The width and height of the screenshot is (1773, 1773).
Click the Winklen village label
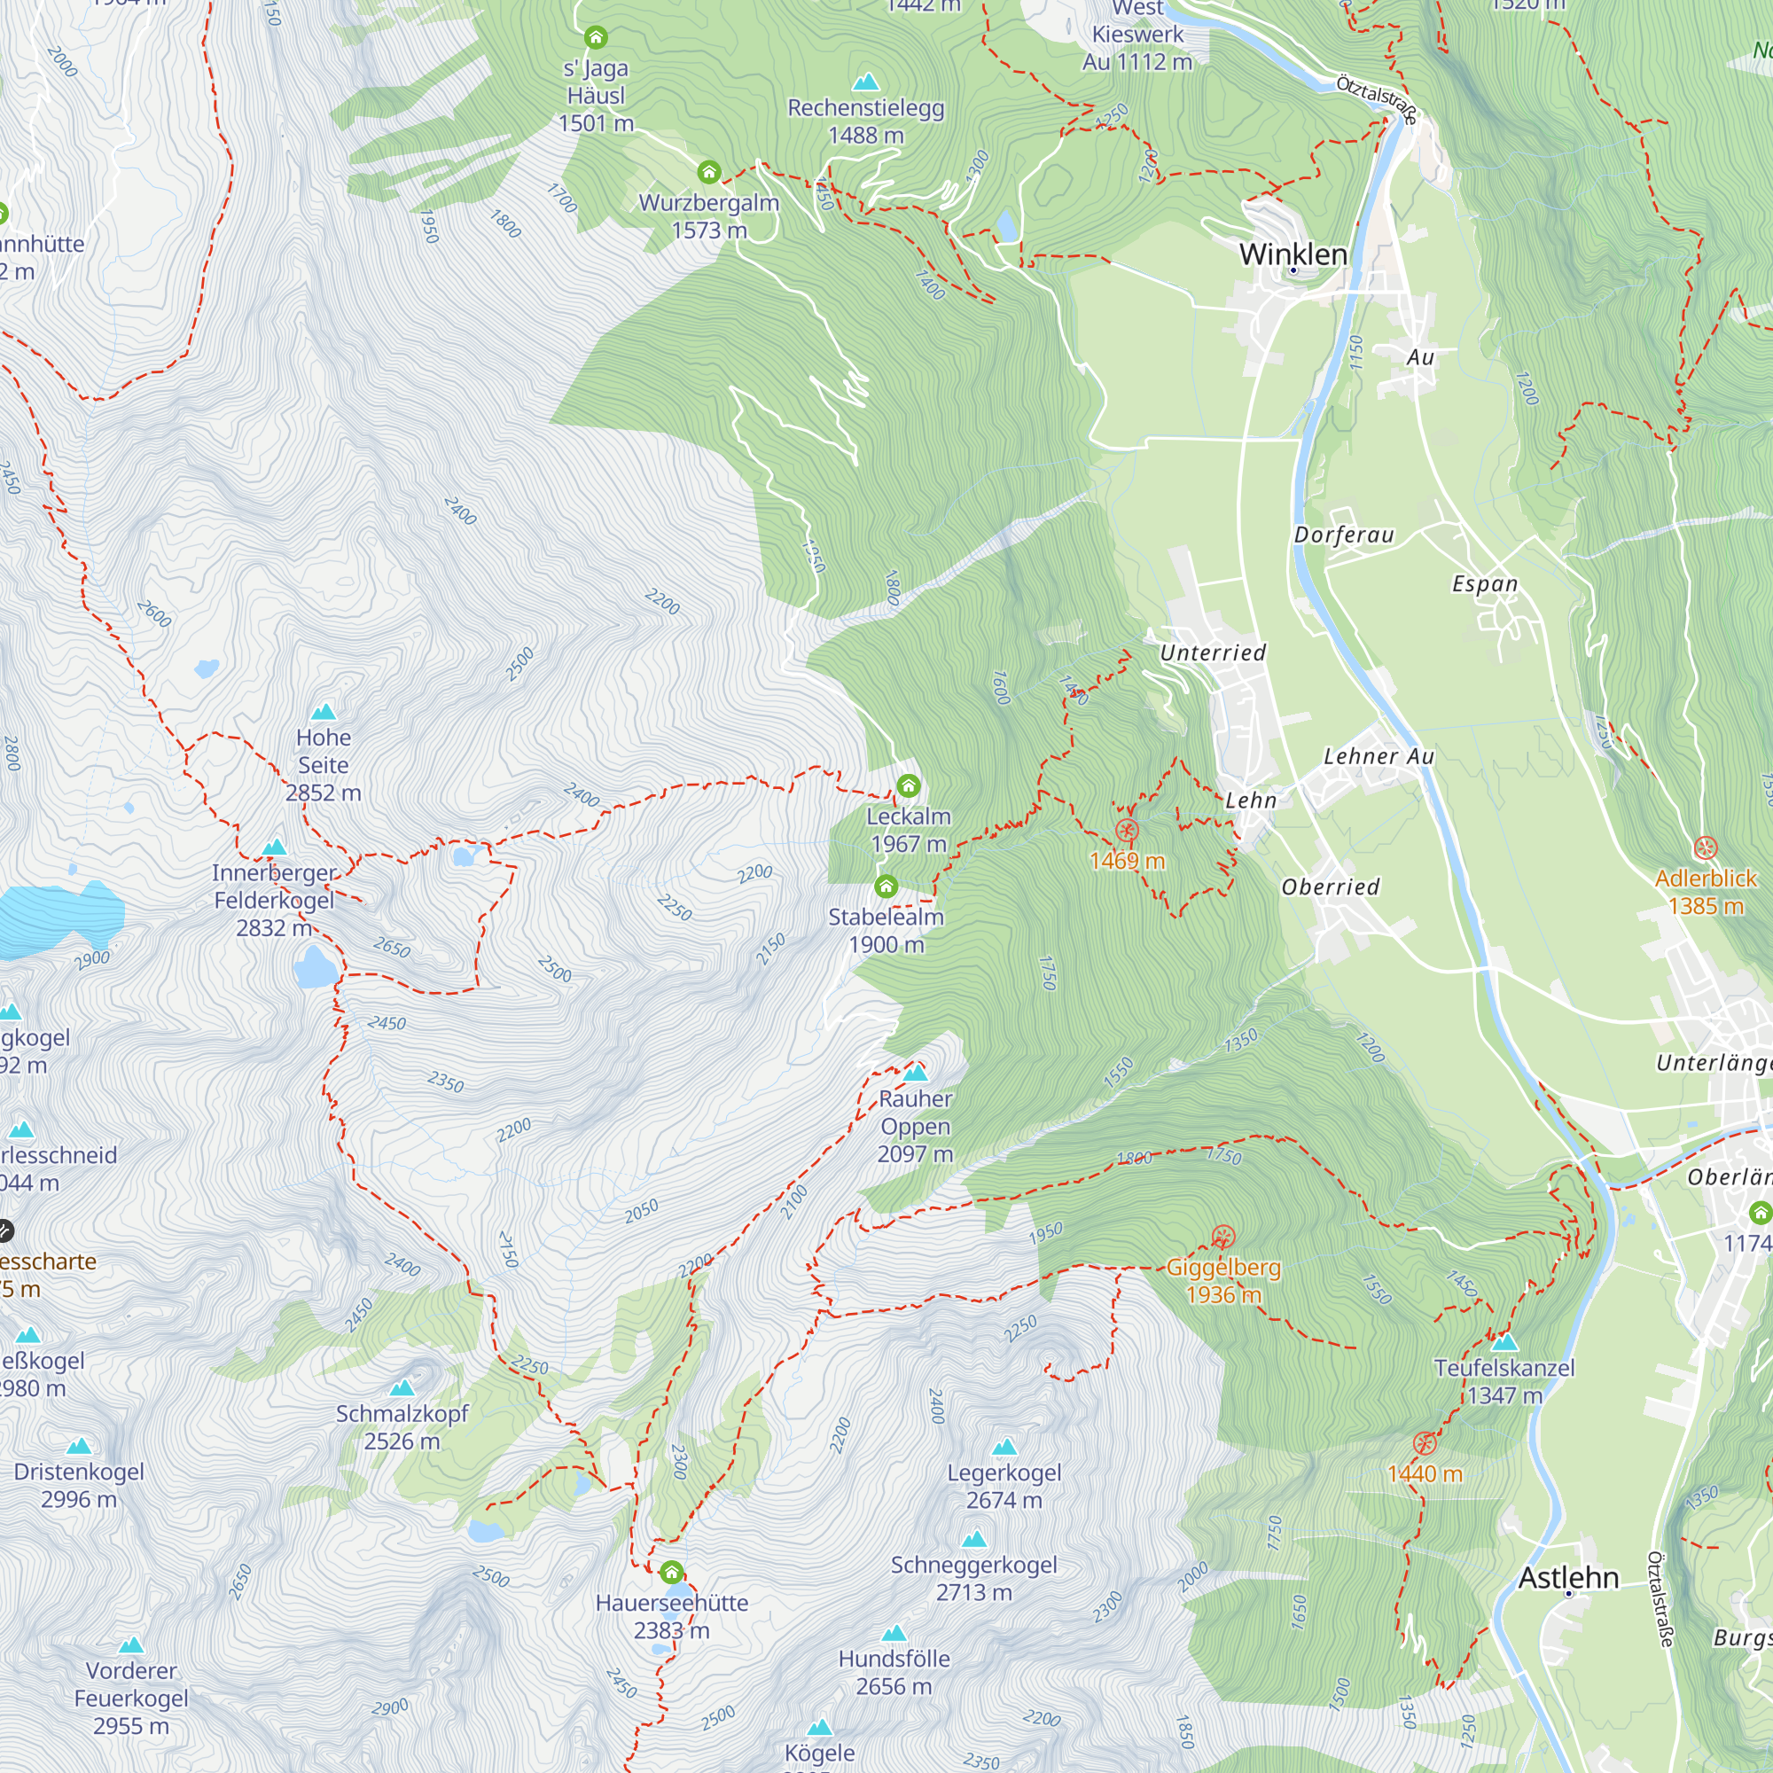click(x=1293, y=254)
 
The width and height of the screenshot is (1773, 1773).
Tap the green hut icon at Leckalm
click(x=908, y=785)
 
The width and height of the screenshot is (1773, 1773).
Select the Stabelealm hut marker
click(x=886, y=886)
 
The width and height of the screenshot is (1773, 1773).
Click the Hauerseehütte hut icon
click(x=671, y=1571)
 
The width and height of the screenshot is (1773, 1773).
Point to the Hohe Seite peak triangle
click(x=323, y=712)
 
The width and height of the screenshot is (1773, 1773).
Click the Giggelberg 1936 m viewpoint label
click(x=1222, y=1280)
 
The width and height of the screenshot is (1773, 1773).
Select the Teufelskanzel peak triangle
click(x=1504, y=1342)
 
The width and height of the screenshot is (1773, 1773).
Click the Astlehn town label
click(x=1568, y=1578)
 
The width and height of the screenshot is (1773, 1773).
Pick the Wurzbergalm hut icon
click(x=708, y=172)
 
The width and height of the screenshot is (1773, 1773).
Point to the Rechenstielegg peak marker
click(x=865, y=82)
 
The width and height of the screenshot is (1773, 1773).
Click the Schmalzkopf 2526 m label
click(x=402, y=1427)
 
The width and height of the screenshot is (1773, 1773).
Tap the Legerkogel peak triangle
click(x=1005, y=1448)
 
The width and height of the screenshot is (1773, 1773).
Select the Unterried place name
click(x=1212, y=652)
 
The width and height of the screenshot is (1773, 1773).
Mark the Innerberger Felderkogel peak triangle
click(x=273, y=847)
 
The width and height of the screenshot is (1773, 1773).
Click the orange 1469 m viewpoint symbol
click(x=1127, y=831)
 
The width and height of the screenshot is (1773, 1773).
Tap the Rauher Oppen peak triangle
click(x=915, y=1073)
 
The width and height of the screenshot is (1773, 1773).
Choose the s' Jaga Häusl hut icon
click(x=596, y=37)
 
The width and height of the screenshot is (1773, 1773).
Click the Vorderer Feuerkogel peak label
click(x=131, y=1698)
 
